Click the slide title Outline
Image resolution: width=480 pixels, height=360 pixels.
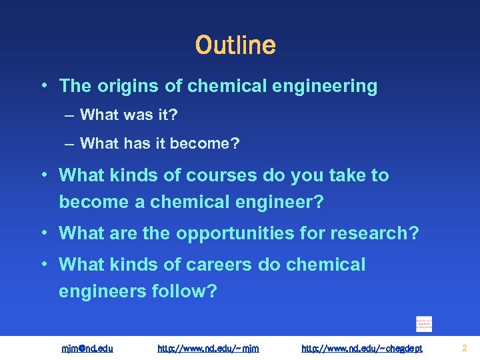click(x=235, y=45)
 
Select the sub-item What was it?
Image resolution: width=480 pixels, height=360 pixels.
click(x=129, y=115)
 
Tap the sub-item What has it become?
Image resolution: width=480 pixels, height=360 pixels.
click(x=159, y=143)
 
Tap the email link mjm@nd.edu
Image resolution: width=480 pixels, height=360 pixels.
click(x=87, y=348)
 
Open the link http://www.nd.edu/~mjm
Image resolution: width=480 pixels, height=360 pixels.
click(x=208, y=348)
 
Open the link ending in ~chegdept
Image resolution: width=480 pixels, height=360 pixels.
click(x=362, y=348)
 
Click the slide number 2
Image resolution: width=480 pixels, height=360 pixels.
click(x=465, y=348)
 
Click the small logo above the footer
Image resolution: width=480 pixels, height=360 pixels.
click(x=424, y=323)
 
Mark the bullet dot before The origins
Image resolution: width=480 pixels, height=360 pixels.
click(x=43, y=86)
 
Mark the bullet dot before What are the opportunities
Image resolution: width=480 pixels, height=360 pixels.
click(x=43, y=233)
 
